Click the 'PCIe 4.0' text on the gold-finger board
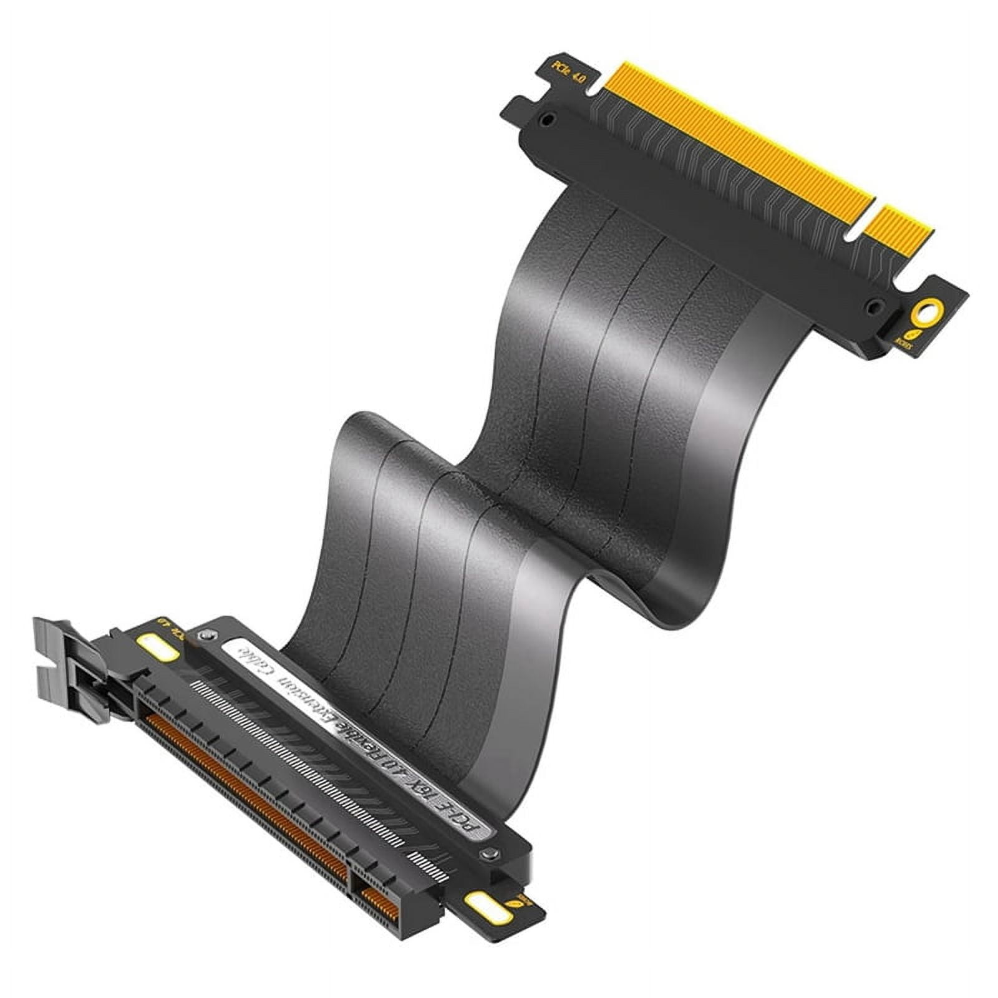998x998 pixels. pos(567,74)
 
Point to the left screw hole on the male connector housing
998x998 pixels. pos(547,119)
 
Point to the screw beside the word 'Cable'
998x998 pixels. pos(205,636)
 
